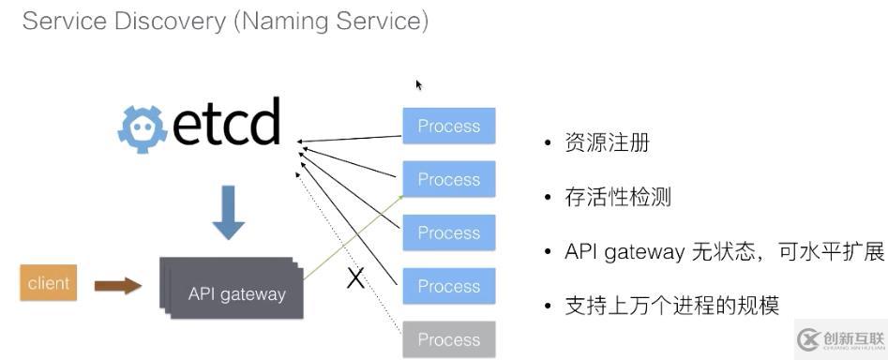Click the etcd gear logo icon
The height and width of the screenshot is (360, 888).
coord(143,130)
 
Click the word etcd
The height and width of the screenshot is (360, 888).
coord(226,121)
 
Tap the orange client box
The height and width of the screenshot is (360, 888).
coord(48,283)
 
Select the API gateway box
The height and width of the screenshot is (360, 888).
coord(232,288)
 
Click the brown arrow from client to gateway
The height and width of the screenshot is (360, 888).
coord(118,286)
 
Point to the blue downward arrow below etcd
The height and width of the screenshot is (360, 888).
coord(229,212)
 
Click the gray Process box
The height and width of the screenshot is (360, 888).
coord(449,339)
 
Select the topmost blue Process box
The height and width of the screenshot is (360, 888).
coord(449,126)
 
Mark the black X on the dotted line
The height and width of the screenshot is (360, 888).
coord(355,278)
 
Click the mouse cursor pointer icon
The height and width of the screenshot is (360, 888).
coord(418,85)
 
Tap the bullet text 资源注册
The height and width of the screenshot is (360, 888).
coord(607,143)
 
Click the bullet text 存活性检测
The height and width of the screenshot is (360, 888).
coord(617,197)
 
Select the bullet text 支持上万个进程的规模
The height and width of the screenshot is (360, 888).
coord(672,306)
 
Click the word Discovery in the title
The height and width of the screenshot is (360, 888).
coord(170,22)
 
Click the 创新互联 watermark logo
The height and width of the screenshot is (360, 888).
coord(840,339)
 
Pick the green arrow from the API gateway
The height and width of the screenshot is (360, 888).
coord(354,237)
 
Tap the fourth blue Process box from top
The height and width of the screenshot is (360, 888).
coord(449,286)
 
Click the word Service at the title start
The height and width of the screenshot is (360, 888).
coord(64,22)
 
